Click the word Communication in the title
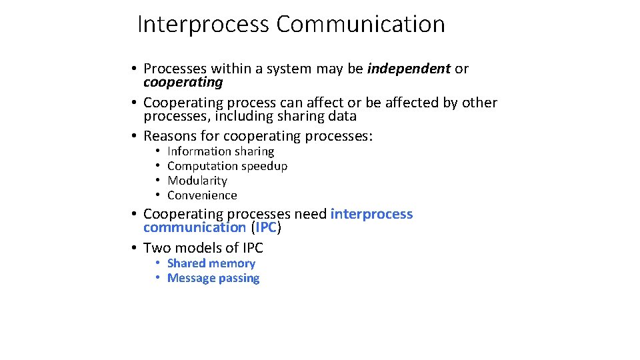click(361, 25)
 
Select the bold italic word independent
click(409, 69)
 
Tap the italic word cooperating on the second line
click(183, 82)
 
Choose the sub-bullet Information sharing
click(221, 151)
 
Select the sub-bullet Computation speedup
click(227, 166)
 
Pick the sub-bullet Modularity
click(197, 181)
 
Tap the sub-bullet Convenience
click(202, 195)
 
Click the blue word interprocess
click(371, 214)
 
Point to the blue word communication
click(195, 227)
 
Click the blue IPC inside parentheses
click(266, 227)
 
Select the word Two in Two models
click(157, 248)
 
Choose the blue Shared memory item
click(211, 263)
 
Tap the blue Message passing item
click(213, 278)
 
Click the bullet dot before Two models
click(134, 248)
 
